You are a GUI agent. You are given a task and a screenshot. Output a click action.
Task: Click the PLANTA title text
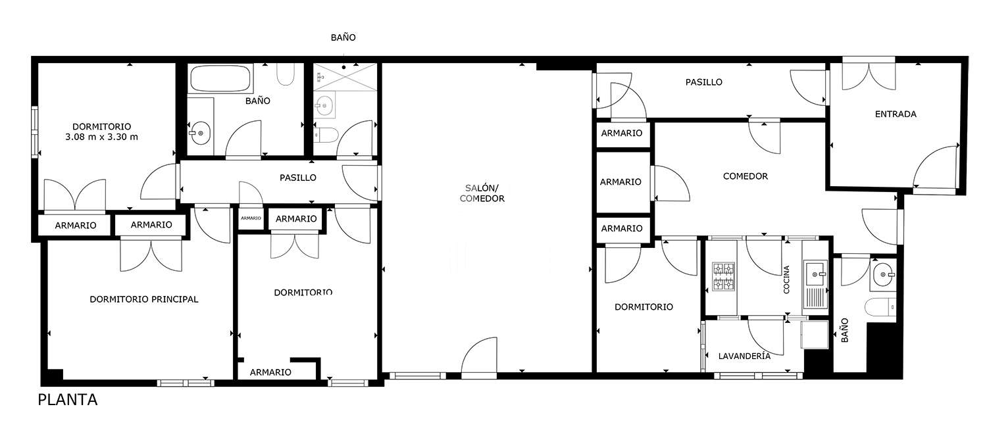(67, 399)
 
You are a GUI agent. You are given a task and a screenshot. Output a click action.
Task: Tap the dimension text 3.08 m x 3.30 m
(102, 137)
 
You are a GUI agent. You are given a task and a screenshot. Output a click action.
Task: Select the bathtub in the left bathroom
(220, 78)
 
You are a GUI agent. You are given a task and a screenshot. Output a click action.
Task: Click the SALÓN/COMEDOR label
(482, 193)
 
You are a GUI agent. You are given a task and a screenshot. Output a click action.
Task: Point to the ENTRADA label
(896, 114)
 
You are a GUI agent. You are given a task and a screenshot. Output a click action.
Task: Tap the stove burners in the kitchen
(724, 277)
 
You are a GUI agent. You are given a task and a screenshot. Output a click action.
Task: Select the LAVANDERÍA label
(744, 356)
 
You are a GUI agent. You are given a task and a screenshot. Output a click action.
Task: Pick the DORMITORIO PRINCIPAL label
(144, 299)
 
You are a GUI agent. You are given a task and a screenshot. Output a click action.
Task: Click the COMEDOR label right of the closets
(745, 176)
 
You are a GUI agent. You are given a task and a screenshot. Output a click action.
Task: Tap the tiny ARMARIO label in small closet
(251, 218)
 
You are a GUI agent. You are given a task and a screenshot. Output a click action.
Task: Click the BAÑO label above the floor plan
(343, 37)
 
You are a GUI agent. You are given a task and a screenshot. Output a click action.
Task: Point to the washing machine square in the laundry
(815, 335)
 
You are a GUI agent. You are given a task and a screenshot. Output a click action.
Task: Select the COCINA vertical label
(786, 280)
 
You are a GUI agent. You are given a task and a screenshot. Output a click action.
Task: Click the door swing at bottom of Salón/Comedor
(479, 355)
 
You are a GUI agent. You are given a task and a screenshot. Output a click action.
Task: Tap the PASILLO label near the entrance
(703, 82)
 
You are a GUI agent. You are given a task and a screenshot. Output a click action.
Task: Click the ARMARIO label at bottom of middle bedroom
(270, 372)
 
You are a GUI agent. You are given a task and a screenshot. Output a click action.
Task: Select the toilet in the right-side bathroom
(880, 306)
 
